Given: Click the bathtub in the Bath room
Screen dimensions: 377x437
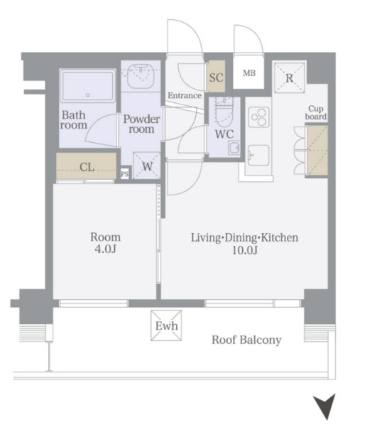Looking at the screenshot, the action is [x=88, y=86].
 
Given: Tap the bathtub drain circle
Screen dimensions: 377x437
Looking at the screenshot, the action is [x=88, y=95].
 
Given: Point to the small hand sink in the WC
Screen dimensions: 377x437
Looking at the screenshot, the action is [x=234, y=147].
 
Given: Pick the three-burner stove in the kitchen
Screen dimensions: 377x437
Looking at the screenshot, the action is [x=259, y=117].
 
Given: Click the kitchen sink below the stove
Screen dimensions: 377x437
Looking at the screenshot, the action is [x=258, y=155].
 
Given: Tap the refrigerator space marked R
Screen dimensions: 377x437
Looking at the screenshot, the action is [x=289, y=77].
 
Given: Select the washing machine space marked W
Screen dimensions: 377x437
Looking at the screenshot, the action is [x=147, y=166].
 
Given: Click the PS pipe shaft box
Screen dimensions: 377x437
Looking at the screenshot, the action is [x=125, y=174].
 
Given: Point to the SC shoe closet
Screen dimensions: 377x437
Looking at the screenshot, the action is [x=216, y=76].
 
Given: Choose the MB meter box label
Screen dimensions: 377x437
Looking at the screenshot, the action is [x=249, y=73].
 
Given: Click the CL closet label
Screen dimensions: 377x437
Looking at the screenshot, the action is [x=87, y=167].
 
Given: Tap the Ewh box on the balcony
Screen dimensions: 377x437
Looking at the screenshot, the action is [x=166, y=325].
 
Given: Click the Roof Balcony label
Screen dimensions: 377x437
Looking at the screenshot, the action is [x=246, y=340].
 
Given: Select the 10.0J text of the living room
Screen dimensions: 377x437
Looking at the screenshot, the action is [x=244, y=250].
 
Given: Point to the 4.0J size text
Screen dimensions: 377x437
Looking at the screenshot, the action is [x=105, y=249].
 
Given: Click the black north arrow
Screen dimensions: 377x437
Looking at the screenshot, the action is [x=325, y=406].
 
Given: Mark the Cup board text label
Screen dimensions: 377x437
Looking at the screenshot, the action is [x=316, y=112].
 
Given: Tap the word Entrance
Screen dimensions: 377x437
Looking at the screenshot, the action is [x=185, y=96].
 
